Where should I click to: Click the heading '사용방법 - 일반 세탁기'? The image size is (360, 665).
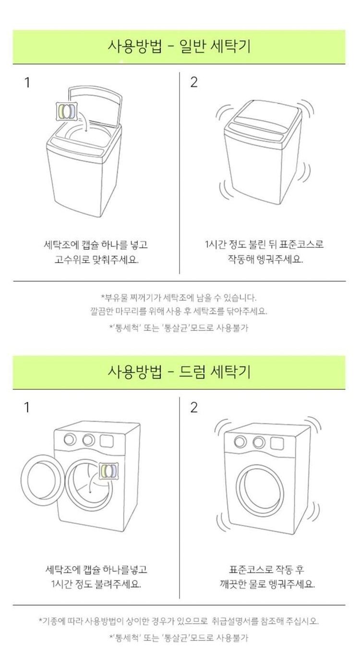pyautogui.click(x=179, y=47)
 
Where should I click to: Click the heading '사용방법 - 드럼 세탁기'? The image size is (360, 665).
pyautogui.click(x=179, y=372)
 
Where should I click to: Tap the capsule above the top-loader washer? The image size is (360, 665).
pyautogui.click(x=67, y=111)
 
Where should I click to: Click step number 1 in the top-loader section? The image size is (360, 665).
pyautogui.click(x=27, y=83)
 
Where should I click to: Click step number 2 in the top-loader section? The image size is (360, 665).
pyautogui.click(x=193, y=82)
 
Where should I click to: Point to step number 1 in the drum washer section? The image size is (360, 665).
pyautogui.click(x=27, y=408)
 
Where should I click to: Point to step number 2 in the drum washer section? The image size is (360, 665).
pyautogui.click(x=193, y=408)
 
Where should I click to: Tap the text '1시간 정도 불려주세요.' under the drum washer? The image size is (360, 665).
pyautogui.click(x=96, y=584)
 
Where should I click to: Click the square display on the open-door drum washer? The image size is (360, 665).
pyautogui.click(x=107, y=441)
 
